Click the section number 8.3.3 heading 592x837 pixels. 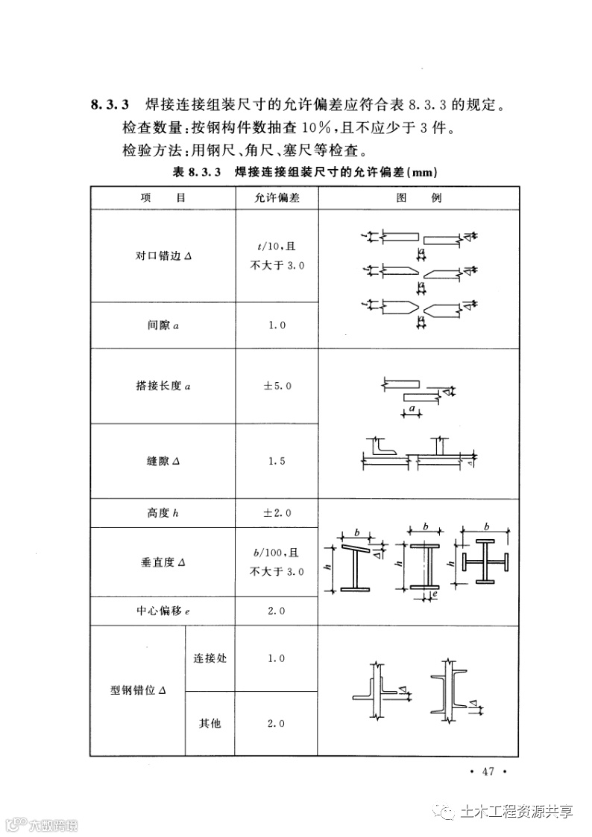[x=111, y=104]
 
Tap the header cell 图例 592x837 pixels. [x=420, y=199]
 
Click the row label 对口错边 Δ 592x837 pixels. [x=164, y=256]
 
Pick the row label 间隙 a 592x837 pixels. [x=164, y=325]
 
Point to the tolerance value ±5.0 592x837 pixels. [x=277, y=386]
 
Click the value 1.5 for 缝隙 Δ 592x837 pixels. [x=277, y=461]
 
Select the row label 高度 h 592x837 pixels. [x=164, y=513]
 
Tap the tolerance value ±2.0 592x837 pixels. [x=277, y=513]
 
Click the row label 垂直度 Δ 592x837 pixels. [x=164, y=562]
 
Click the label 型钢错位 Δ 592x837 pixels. [x=138, y=690]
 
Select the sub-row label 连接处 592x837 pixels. [x=210, y=658]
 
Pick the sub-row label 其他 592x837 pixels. [x=210, y=723]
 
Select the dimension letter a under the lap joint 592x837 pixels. [x=411, y=409]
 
